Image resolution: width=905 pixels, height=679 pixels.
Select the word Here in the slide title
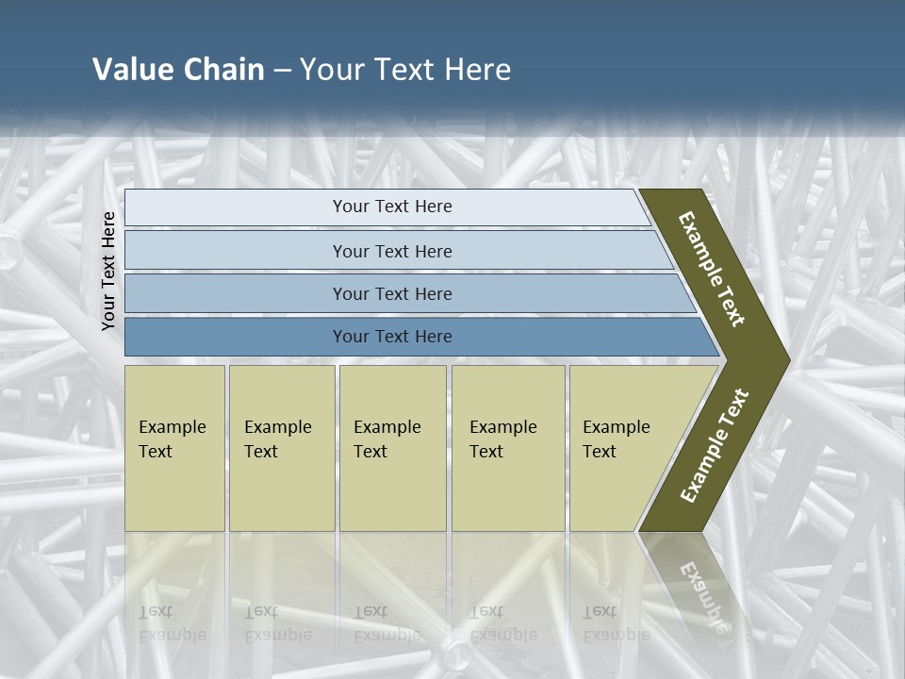click(477, 70)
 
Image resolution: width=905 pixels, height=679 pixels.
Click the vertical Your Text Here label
click(108, 271)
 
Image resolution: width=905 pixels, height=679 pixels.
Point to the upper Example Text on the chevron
click(712, 269)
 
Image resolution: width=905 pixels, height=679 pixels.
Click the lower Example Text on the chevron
click(715, 446)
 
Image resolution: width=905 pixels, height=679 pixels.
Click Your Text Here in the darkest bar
click(392, 337)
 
